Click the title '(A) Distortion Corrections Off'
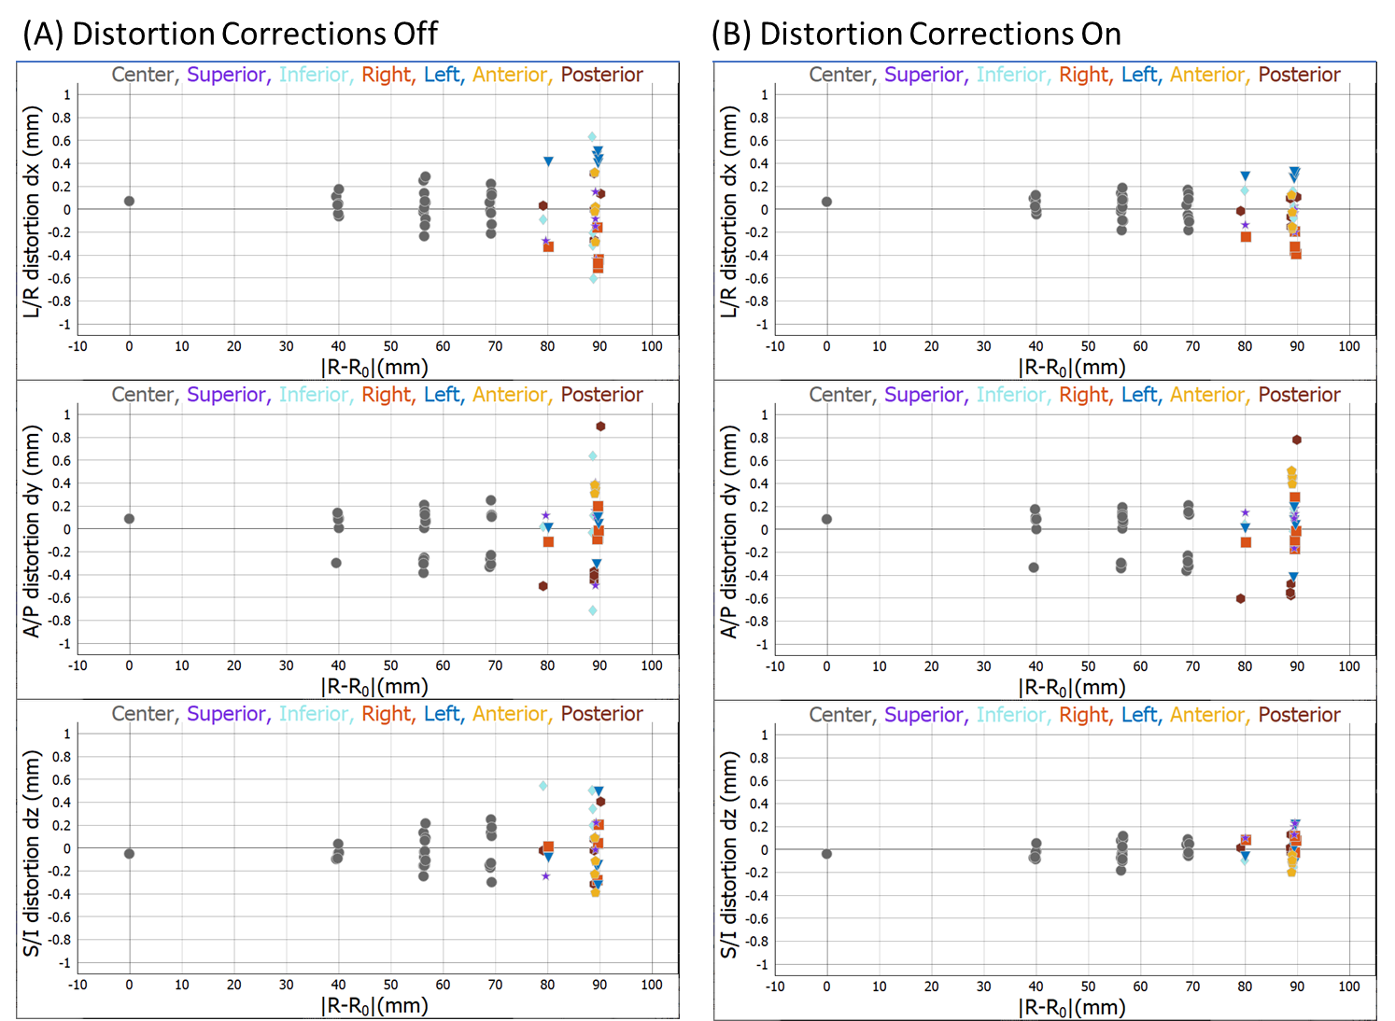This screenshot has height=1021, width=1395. pos(230,34)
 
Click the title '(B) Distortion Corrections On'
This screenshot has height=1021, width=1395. pos(916,34)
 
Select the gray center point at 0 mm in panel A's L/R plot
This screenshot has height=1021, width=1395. pos(130,201)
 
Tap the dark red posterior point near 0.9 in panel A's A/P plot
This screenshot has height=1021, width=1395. pos(601,427)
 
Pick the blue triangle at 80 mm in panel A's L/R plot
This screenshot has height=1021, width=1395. pos(549,161)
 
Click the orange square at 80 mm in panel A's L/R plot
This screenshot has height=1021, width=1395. pos(549,246)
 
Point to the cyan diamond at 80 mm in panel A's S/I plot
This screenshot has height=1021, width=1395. pos(542,786)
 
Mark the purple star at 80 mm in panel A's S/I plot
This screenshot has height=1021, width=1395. pos(546,875)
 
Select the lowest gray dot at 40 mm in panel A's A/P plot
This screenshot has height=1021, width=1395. pos(336,563)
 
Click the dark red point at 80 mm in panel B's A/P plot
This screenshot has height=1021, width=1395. pos(1241,598)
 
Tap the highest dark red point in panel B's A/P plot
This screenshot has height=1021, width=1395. pos(1297,440)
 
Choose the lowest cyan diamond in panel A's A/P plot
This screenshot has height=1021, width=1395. pos(593,610)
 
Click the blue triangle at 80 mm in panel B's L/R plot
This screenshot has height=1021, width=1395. pos(1246,175)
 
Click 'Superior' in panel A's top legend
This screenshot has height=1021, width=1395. pos(227,75)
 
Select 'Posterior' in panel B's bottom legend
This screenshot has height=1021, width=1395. pos(1299,715)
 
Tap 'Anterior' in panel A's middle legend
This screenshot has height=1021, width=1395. pos(510,395)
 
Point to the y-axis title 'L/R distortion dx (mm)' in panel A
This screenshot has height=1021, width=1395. pos(33,211)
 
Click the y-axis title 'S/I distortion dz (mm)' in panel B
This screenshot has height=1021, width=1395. pos(730,854)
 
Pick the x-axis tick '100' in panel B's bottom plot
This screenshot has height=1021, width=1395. pos(1349,986)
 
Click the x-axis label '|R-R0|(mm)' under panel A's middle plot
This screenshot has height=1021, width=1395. pos(375,687)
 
